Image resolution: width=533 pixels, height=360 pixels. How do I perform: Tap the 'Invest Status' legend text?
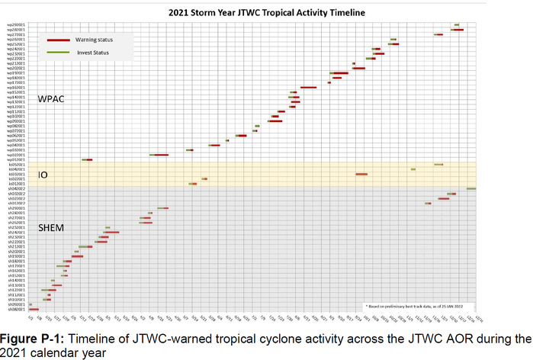tap(91, 53)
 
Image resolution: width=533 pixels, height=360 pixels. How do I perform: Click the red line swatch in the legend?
tap(58, 39)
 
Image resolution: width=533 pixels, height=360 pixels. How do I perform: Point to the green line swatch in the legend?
tap(58, 53)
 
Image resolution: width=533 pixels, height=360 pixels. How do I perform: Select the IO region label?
tap(43, 175)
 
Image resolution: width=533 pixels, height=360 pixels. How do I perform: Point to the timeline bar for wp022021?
tap(159, 155)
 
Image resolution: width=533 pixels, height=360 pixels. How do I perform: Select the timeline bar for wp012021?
tap(87, 159)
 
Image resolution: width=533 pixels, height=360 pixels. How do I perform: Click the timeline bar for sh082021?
tap(33, 309)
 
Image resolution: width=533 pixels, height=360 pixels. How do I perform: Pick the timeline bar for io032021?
tap(361, 174)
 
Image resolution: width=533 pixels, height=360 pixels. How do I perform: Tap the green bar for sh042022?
tap(471, 188)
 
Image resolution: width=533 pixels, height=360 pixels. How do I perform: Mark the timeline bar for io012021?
tap(194, 184)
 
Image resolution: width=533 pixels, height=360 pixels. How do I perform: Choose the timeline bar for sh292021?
tap(162, 208)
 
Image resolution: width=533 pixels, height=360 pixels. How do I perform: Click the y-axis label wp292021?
tap(17, 25)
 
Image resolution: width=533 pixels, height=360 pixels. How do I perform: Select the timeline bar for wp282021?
tap(458, 30)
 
